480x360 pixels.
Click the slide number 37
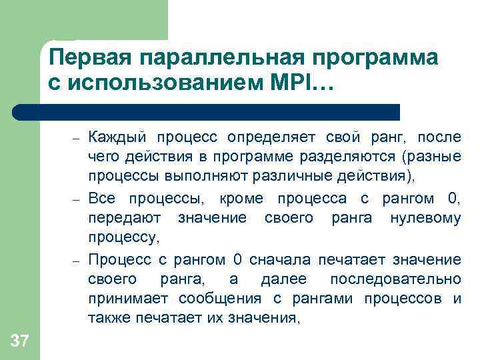pyautogui.click(x=20, y=342)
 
